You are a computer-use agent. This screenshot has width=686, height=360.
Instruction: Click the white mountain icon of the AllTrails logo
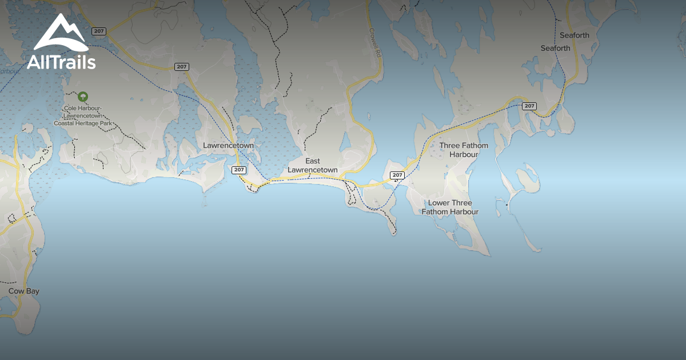tap(61, 34)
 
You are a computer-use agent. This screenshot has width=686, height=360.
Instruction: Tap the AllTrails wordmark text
tap(61, 62)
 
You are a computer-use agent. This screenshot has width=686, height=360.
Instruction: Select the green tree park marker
tap(83, 97)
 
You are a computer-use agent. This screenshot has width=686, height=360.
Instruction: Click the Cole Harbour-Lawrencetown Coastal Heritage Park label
tap(83, 115)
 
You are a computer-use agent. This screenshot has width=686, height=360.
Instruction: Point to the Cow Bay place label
tap(24, 291)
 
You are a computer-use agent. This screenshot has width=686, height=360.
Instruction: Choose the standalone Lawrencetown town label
tap(228, 146)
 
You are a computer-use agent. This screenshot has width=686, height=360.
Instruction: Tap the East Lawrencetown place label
tap(313, 166)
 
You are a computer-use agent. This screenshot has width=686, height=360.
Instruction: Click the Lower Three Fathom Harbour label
tap(450, 207)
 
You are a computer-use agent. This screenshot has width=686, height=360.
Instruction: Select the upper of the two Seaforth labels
tap(574, 35)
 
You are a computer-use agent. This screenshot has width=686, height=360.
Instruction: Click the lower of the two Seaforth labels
tap(555, 49)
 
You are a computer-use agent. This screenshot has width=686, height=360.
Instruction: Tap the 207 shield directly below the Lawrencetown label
tap(239, 170)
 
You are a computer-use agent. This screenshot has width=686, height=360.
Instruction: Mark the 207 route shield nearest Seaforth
tap(529, 106)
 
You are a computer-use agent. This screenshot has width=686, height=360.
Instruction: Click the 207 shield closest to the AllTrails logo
tap(99, 31)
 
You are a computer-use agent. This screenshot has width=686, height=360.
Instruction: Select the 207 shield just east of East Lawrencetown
tap(397, 175)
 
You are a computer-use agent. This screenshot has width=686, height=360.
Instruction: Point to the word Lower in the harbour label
tap(439, 203)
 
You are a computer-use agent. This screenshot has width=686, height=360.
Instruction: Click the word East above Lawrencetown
tap(313, 161)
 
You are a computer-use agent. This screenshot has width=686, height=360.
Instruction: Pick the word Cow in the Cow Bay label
tap(15, 291)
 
